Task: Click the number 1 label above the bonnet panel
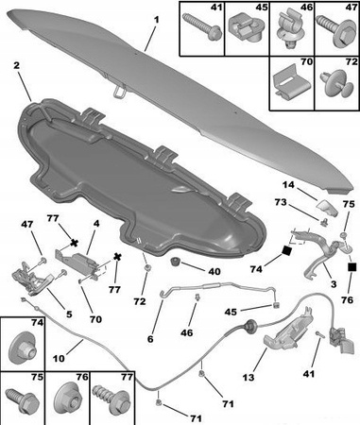(157, 20)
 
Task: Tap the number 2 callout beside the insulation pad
(17, 65)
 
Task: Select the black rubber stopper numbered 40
(175, 261)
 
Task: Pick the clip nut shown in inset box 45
(247, 28)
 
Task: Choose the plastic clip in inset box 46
(289, 32)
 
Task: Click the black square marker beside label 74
(287, 251)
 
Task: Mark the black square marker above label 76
(351, 267)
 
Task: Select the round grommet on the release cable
(250, 325)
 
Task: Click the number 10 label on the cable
(59, 358)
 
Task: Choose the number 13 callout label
(249, 377)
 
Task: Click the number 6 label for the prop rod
(150, 339)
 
